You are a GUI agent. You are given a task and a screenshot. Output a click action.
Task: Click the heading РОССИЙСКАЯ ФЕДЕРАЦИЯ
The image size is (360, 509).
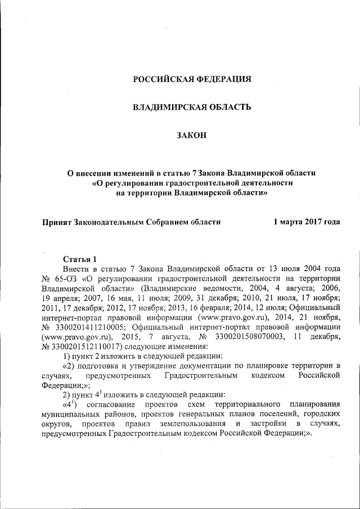tap(192, 79)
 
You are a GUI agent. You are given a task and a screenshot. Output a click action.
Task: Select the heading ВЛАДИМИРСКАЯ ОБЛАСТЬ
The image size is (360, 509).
tap(192, 107)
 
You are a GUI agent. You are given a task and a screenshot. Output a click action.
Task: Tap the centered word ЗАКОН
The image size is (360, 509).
tap(192, 134)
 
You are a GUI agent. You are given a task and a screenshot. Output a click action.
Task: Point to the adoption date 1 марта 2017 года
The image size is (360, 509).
tap(307, 222)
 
